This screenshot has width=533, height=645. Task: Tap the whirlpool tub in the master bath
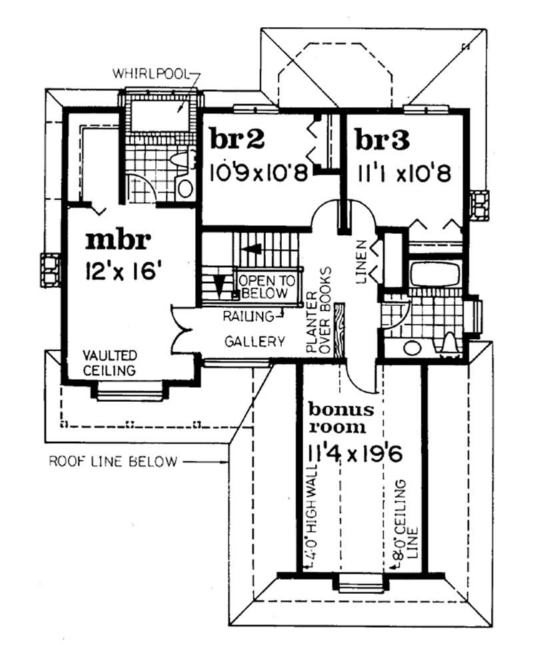point(161,114)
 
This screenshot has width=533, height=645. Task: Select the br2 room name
point(237,141)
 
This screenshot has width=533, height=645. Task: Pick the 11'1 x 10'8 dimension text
point(404,174)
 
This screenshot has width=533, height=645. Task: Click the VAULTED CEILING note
point(109,362)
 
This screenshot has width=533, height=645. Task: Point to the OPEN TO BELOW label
point(264,287)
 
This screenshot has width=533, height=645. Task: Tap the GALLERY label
point(254,342)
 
